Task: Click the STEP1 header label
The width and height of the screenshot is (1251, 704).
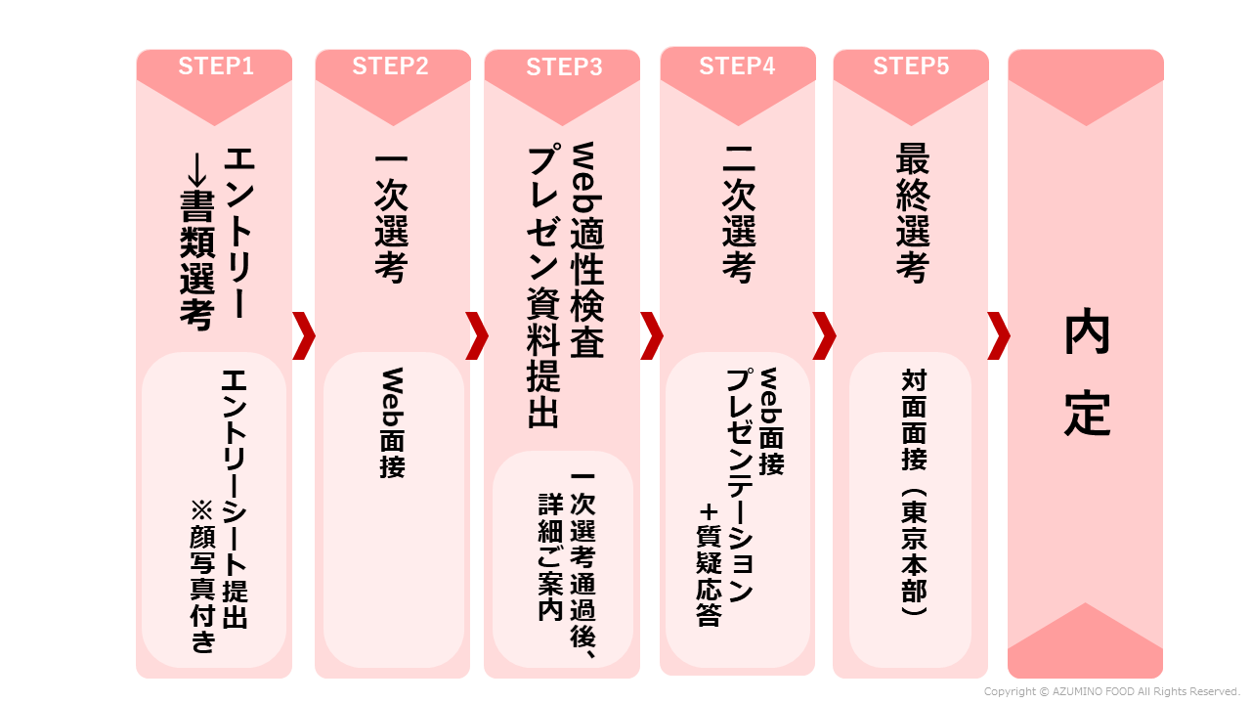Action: [x=215, y=66]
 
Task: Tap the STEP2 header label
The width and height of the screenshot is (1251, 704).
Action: [x=390, y=66]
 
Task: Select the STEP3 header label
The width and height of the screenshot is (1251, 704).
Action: [x=564, y=67]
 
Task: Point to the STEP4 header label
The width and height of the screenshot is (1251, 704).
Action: [x=737, y=66]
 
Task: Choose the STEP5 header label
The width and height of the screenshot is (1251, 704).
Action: [x=911, y=66]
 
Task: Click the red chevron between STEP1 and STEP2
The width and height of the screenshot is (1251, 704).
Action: [x=303, y=336]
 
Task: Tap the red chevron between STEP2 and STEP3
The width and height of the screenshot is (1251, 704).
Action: [x=477, y=336]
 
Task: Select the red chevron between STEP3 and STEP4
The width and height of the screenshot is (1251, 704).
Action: [x=651, y=336]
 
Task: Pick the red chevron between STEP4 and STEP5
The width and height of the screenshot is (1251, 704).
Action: [x=825, y=336]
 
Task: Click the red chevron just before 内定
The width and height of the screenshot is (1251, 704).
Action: [x=998, y=336]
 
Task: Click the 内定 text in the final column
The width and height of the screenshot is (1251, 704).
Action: [x=1086, y=372]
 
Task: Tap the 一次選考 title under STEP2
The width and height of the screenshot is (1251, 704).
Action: [x=391, y=217]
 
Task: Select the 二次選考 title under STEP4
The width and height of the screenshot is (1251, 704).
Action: [x=738, y=217]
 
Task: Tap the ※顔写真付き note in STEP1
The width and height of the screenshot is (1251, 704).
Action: [x=203, y=577]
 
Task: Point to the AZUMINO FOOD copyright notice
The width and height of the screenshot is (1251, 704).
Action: [x=1111, y=691]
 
